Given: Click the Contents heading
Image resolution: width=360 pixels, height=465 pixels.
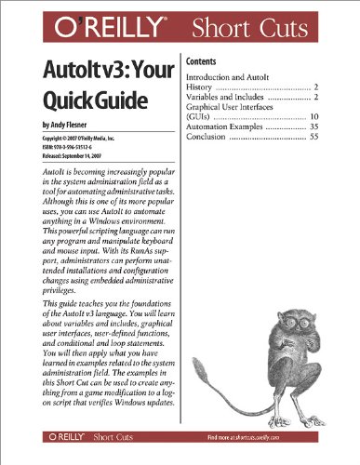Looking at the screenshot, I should [x=204, y=55].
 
